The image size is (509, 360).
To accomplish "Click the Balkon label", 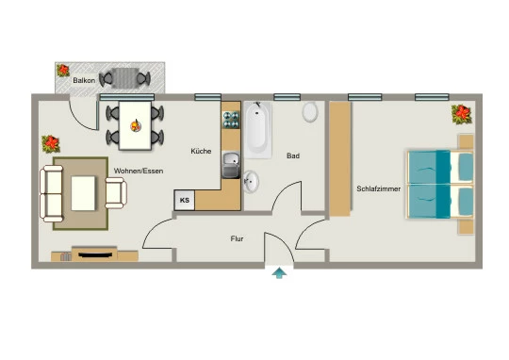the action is tap(84, 80).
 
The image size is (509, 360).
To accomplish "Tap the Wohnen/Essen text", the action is tap(139, 171).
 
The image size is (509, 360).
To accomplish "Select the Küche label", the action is tap(201, 151).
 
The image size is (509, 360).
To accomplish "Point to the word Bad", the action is tap(293, 155).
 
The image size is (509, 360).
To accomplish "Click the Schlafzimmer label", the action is tap(379, 188).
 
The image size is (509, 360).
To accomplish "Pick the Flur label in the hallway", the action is tap(237, 238).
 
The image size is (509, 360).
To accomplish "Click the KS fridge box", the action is tap(185, 200).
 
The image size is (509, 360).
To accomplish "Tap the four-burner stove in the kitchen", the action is tap(231, 120).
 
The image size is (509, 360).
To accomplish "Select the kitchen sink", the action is tap(231, 165).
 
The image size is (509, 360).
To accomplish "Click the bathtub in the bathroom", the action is tap(257, 130).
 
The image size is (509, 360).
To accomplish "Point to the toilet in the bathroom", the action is tap(310, 111).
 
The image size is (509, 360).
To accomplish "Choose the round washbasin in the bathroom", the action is tap(252, 181).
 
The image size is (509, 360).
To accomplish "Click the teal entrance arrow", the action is tap(279, 273).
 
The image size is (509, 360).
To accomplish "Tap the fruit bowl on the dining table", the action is tap(136, 125).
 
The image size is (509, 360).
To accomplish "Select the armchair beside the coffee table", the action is tap(116, 193).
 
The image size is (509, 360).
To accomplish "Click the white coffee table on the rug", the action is tap(83, 193).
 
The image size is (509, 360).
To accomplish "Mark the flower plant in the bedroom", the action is tap(461, 114).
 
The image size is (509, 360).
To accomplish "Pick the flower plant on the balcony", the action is tap(63, 70).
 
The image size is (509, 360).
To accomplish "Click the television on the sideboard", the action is tap(94, 254).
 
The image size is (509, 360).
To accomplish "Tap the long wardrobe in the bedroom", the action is tap(340, 159).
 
